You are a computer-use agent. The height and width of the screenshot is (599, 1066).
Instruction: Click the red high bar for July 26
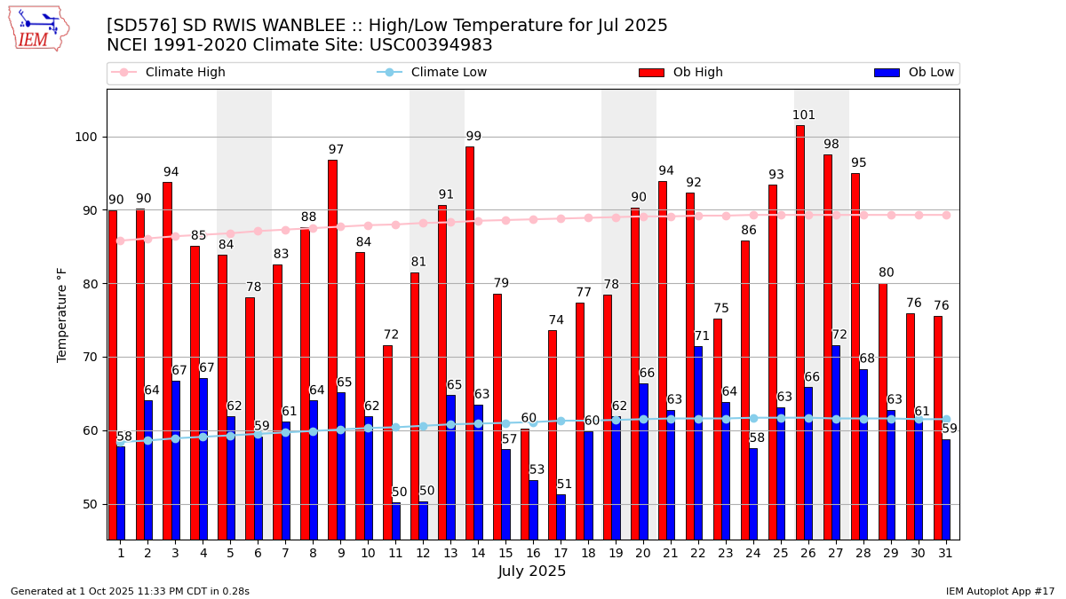800,332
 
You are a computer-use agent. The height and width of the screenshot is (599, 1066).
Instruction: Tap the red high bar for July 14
470,343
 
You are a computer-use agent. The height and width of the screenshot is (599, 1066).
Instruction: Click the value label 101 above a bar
803,115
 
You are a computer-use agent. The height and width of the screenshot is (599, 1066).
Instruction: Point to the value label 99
473,137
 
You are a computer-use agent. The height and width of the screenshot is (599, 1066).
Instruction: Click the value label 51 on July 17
565,485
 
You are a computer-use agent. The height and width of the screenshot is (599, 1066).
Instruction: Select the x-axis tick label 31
946,553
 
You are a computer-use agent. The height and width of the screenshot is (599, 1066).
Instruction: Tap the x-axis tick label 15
505,553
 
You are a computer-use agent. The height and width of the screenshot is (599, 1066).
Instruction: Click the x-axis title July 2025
532,571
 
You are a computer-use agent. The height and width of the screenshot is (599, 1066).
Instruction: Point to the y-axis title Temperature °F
62,314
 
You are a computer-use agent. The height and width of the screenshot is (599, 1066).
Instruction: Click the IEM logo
38,28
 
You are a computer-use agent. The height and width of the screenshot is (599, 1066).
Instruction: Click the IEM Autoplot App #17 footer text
999,591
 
